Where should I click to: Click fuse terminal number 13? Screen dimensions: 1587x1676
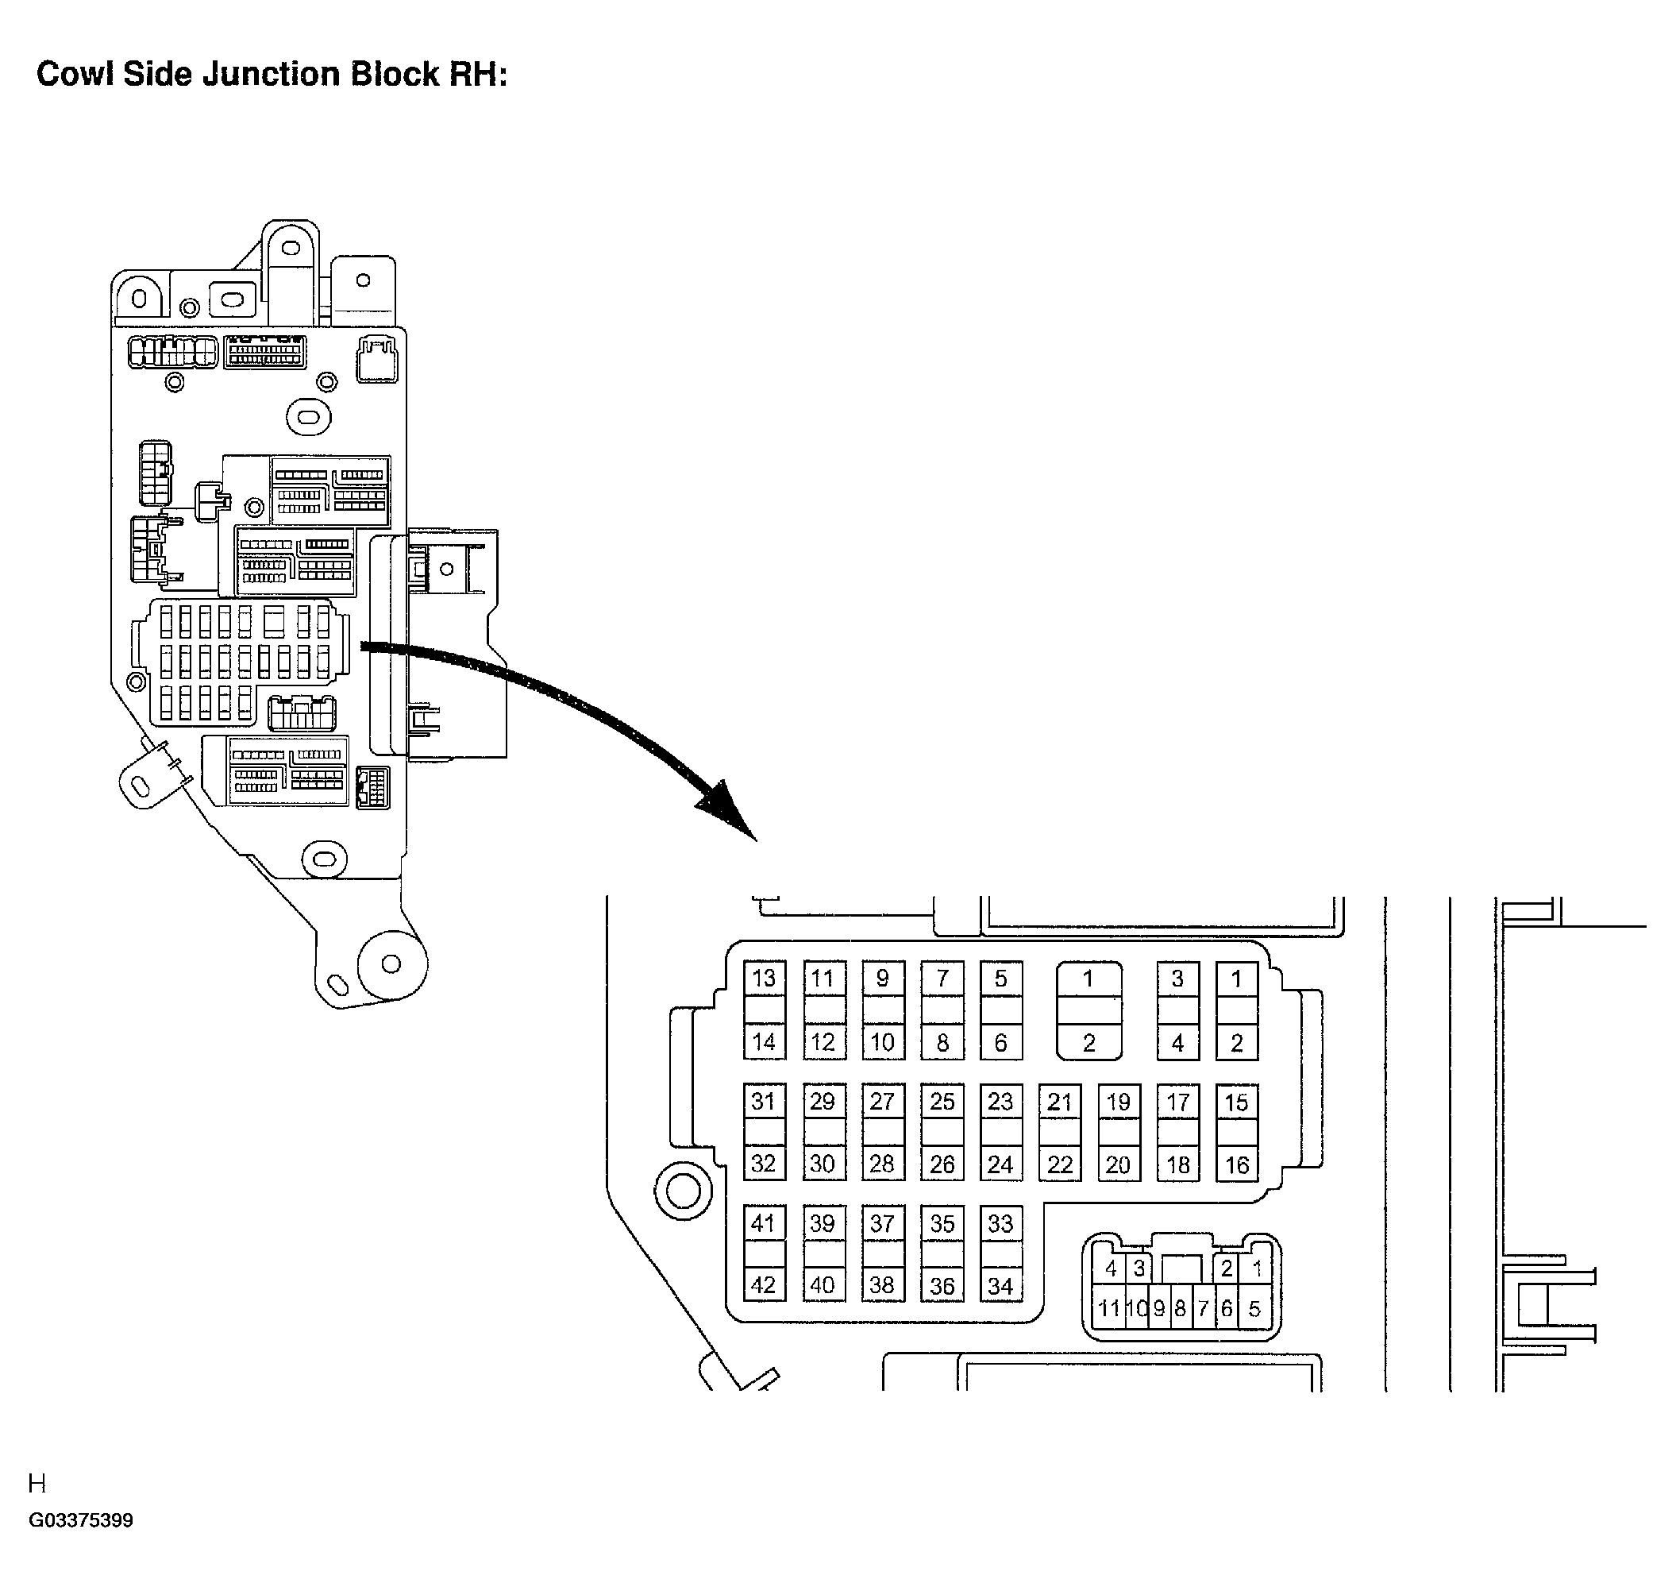point(764,979)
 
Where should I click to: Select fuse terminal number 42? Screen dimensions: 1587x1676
point(764,1285)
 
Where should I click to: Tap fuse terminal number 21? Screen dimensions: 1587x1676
point(1060,1102)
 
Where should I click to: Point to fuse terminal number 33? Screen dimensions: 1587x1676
point(1000,1223)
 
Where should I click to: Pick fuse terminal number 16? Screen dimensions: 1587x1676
point(1236,1165)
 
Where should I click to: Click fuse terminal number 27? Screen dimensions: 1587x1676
point(882,1102)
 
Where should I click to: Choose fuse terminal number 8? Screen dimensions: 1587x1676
point(942,1043)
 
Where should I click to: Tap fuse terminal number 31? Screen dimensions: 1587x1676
point(764,1102)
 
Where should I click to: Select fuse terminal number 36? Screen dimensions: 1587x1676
point(942,1286)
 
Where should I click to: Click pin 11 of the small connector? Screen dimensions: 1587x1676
point(1108,1309)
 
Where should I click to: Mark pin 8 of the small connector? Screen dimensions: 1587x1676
point(1181,1309)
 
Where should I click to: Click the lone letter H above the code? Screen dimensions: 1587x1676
point(37,1483)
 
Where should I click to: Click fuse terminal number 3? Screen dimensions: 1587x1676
point(1177,979)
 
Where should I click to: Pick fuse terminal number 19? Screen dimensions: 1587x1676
point(1118,1102)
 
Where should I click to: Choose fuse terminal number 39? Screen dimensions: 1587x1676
point(823,1223)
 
